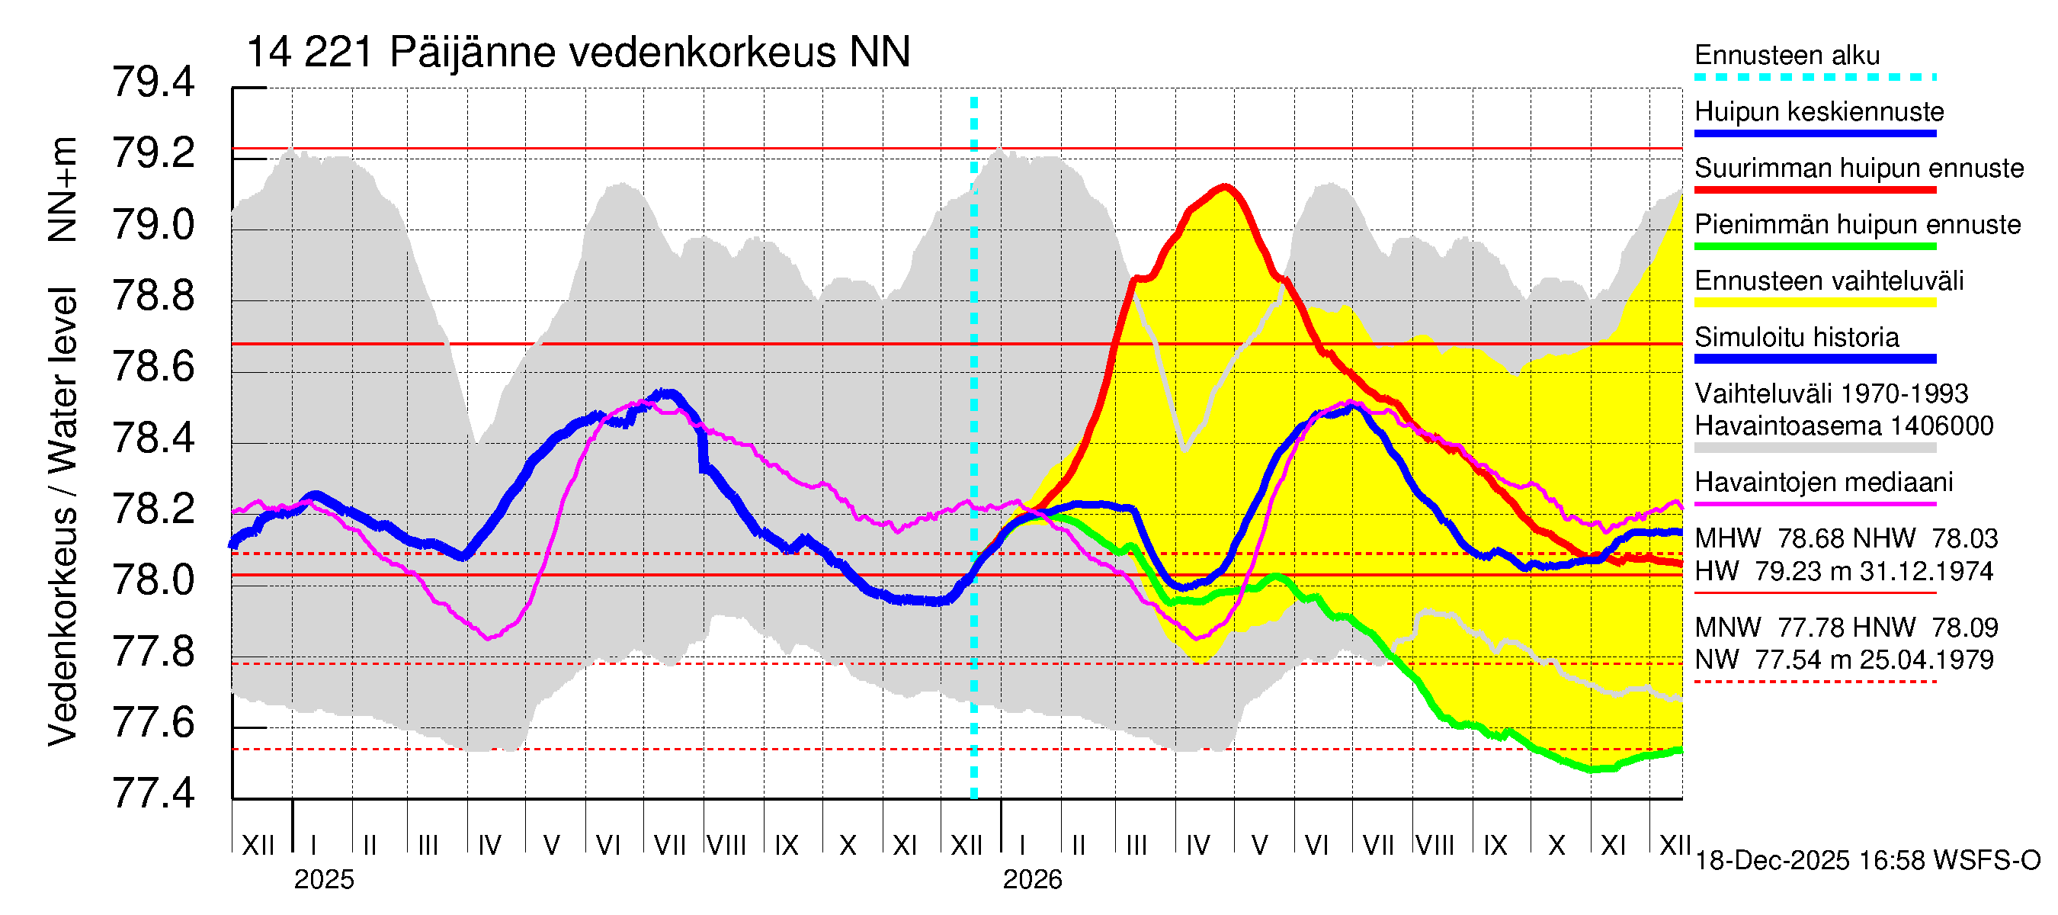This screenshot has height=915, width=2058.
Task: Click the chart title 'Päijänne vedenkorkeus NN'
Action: point(649,53)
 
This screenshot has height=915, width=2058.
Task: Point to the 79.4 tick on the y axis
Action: point(153,82)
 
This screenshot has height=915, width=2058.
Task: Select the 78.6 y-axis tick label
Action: point(153,367)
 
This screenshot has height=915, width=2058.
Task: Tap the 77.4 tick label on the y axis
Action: point(153,794)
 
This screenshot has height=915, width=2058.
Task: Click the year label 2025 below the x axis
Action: point(323,880)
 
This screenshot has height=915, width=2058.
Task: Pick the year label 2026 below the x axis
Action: point(1032,880)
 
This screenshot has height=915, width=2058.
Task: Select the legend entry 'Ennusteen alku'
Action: point(1787,55)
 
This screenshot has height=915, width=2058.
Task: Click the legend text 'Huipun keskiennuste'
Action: point(1819,111)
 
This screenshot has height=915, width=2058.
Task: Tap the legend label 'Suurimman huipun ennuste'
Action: point(1858,168)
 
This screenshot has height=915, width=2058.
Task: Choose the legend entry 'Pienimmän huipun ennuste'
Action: point(1857,224)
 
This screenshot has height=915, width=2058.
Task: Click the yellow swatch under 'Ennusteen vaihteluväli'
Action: point(1814,303)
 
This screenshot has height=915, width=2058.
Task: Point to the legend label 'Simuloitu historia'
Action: point(1796,337)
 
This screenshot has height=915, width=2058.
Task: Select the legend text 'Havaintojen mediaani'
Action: point(1823,483)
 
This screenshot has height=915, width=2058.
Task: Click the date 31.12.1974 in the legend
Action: point(1926,571)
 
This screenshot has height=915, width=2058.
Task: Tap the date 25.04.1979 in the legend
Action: point(1926,660)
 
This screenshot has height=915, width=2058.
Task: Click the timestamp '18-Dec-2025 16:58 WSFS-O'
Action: point(1867,861)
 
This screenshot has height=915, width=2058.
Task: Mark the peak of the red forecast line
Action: point(1224,187)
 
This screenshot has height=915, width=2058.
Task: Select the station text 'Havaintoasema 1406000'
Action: point(1843,426)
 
